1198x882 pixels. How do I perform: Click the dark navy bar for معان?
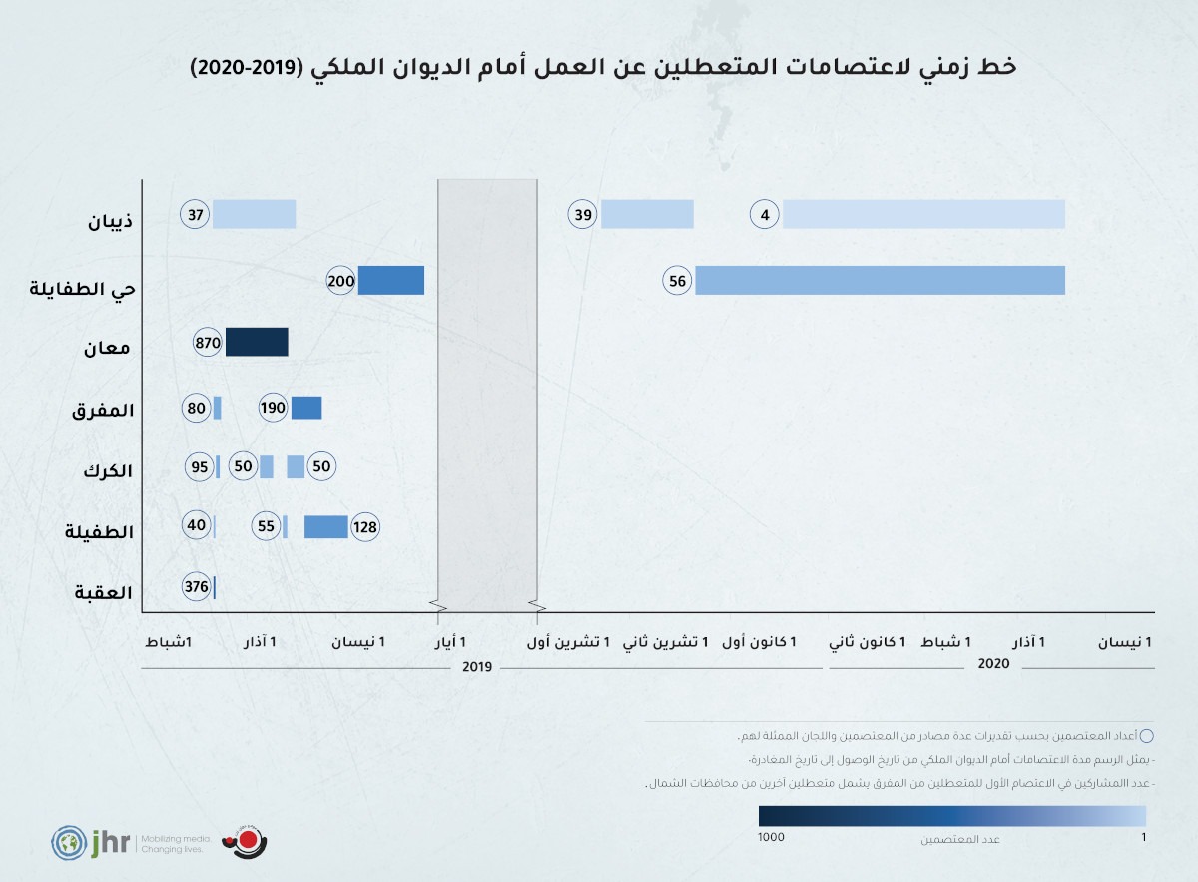pos(257,342)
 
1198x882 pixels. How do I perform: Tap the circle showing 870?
pos(208,342)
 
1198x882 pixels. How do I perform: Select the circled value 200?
pos(341,281)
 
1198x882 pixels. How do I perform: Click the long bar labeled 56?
pos(880,281)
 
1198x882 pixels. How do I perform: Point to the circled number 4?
pos(765,214)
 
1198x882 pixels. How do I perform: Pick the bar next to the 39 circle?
pos(647,214)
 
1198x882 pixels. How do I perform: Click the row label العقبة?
pos(103,592)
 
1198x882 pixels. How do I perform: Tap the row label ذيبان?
pos(113,220)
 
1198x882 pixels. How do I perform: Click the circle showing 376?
pos(197,587)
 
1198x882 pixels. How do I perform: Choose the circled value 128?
pos(365,527)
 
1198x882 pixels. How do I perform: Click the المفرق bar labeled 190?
pos(306,408)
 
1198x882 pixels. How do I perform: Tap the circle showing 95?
pos(200,467)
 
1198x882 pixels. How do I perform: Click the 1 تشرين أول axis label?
pos(569,642)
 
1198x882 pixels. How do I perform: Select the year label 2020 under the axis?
pos(994,663)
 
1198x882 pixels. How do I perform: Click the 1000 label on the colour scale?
pos(771,838)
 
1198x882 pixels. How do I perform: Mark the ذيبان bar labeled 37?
pos(254,214)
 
